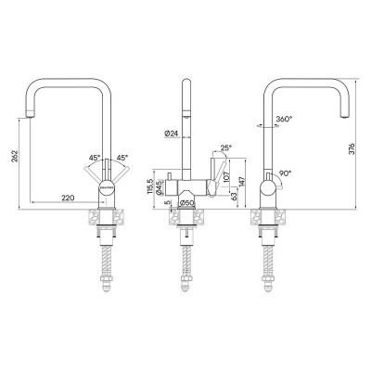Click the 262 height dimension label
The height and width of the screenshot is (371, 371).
tap(15, 158)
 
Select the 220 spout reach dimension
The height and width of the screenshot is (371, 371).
tap(66, 196)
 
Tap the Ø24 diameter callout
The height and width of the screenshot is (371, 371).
tap(170, 134)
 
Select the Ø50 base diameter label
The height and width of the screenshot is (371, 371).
tap(185, 202)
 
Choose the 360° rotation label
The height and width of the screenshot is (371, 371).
tap(284, 120)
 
